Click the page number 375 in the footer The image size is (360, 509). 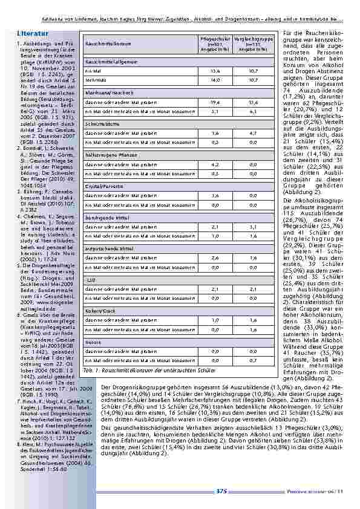click(x=221, y=491)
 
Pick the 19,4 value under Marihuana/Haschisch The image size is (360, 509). click(x=215, y=103)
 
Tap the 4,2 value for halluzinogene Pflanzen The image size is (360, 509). click(x=215, y=164)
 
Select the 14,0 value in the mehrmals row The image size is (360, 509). click(x=215, y=79)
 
